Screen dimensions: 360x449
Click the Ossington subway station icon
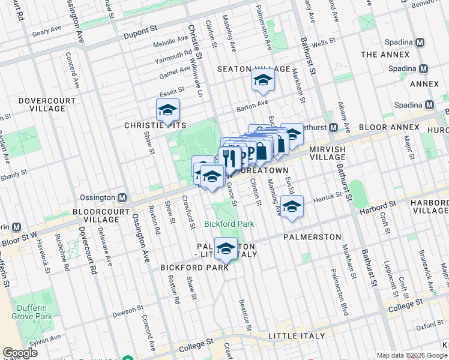click(122, 197)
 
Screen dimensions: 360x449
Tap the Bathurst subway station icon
click(333, 127)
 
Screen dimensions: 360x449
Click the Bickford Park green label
click(229, 224)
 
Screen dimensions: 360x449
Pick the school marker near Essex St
click(167, 110)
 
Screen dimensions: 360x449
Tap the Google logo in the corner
click(20, 353)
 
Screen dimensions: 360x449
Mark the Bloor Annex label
click(389, 127)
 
